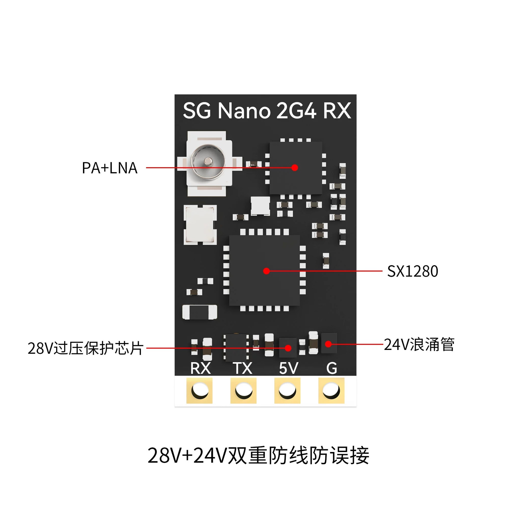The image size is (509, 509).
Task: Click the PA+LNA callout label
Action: [109, 168]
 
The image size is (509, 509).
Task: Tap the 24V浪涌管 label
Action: [419, 344]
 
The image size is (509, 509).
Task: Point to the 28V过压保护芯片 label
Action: [85, 348]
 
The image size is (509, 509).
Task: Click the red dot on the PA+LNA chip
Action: [295, 168]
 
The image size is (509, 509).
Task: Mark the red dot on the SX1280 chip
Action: [266, 271]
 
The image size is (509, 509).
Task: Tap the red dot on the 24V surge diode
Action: [328, 344]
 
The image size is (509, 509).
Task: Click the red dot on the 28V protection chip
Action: [288, 348]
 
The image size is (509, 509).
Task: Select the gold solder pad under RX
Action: [199, 390]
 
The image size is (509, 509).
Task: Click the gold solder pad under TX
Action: [243, 390]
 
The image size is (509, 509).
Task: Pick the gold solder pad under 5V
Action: [287, 390]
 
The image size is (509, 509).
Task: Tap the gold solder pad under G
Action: [331, 390]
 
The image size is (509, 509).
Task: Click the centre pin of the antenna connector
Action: [208, 161]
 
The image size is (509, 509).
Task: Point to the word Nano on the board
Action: [244, 111]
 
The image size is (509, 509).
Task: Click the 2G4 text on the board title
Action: [296, 111]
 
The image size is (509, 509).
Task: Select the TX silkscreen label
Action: [243, 368]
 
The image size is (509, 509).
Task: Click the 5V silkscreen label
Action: [288, 368]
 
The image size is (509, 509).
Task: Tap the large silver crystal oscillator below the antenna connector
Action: [200, 225]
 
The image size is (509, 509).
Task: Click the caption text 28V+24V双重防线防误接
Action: [258, 455]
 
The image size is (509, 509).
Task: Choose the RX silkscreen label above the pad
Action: [200, 368]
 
